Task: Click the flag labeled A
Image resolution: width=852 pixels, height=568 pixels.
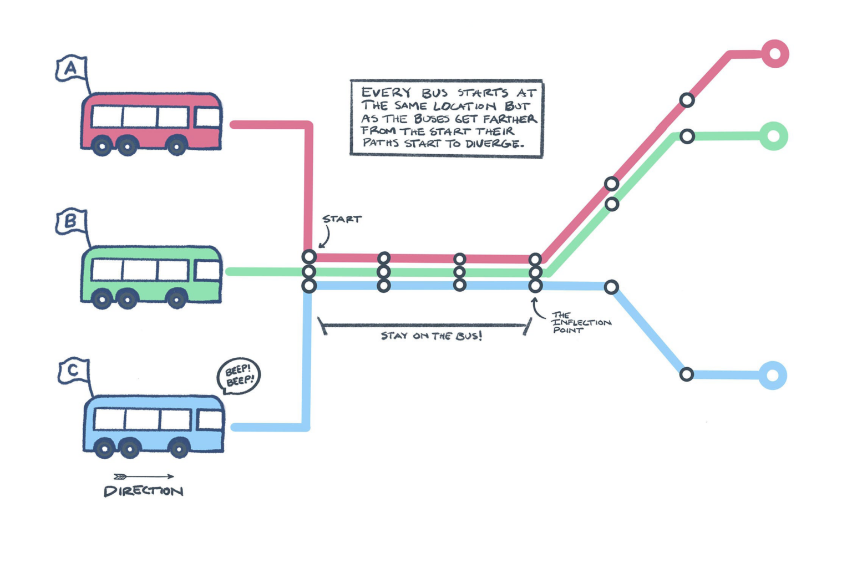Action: click(x=71, y=68)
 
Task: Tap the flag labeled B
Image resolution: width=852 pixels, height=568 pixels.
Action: click(x=71, y=221)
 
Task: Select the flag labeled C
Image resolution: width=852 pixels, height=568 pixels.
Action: click(x=73, y=371)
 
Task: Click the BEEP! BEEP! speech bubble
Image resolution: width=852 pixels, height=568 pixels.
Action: click(x=239, y=376)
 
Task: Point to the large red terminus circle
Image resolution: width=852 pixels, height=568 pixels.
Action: click(x=775, y=54)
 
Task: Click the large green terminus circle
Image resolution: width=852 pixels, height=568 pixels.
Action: click(x=773, y=136)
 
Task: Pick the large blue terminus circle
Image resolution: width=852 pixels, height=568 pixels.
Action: click(x=773, y=376)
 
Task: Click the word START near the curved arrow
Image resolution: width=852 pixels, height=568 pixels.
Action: click(x=342, y=219)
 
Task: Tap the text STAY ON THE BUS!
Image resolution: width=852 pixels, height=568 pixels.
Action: click(x=431, y=336)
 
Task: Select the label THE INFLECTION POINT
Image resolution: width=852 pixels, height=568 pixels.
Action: click(x=580, y=322)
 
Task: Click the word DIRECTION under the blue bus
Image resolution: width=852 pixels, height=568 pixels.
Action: click(x=143, y=491)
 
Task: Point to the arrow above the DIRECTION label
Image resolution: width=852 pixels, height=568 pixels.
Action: click(x=144, y=476)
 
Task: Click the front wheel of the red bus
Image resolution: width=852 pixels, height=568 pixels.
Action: click(x=176, y=146)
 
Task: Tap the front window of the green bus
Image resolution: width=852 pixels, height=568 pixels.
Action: click(x=207, y=271)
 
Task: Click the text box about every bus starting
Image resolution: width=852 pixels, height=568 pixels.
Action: click(x=447, y=118)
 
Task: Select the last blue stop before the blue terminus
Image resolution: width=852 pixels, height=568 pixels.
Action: click(x=687, y=374)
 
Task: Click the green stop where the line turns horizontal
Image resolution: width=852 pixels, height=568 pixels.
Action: click(x=687, y=136)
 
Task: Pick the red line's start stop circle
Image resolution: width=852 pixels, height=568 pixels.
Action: click(x=309, y=257)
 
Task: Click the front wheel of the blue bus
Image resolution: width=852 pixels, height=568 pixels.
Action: click(x=179, y=448)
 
